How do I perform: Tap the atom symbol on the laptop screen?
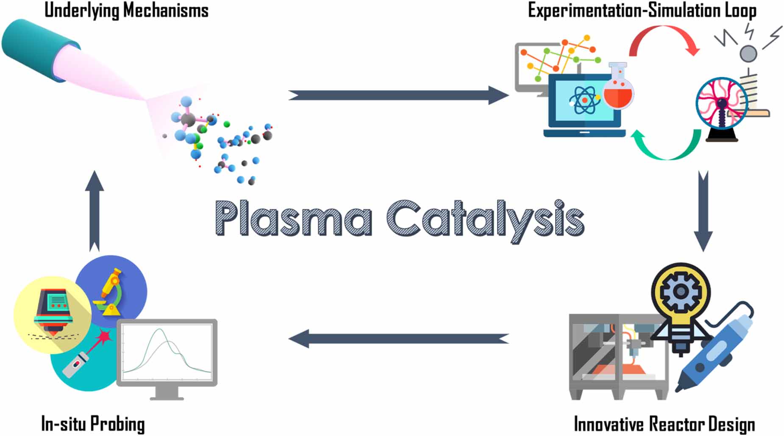pos(584,100)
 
